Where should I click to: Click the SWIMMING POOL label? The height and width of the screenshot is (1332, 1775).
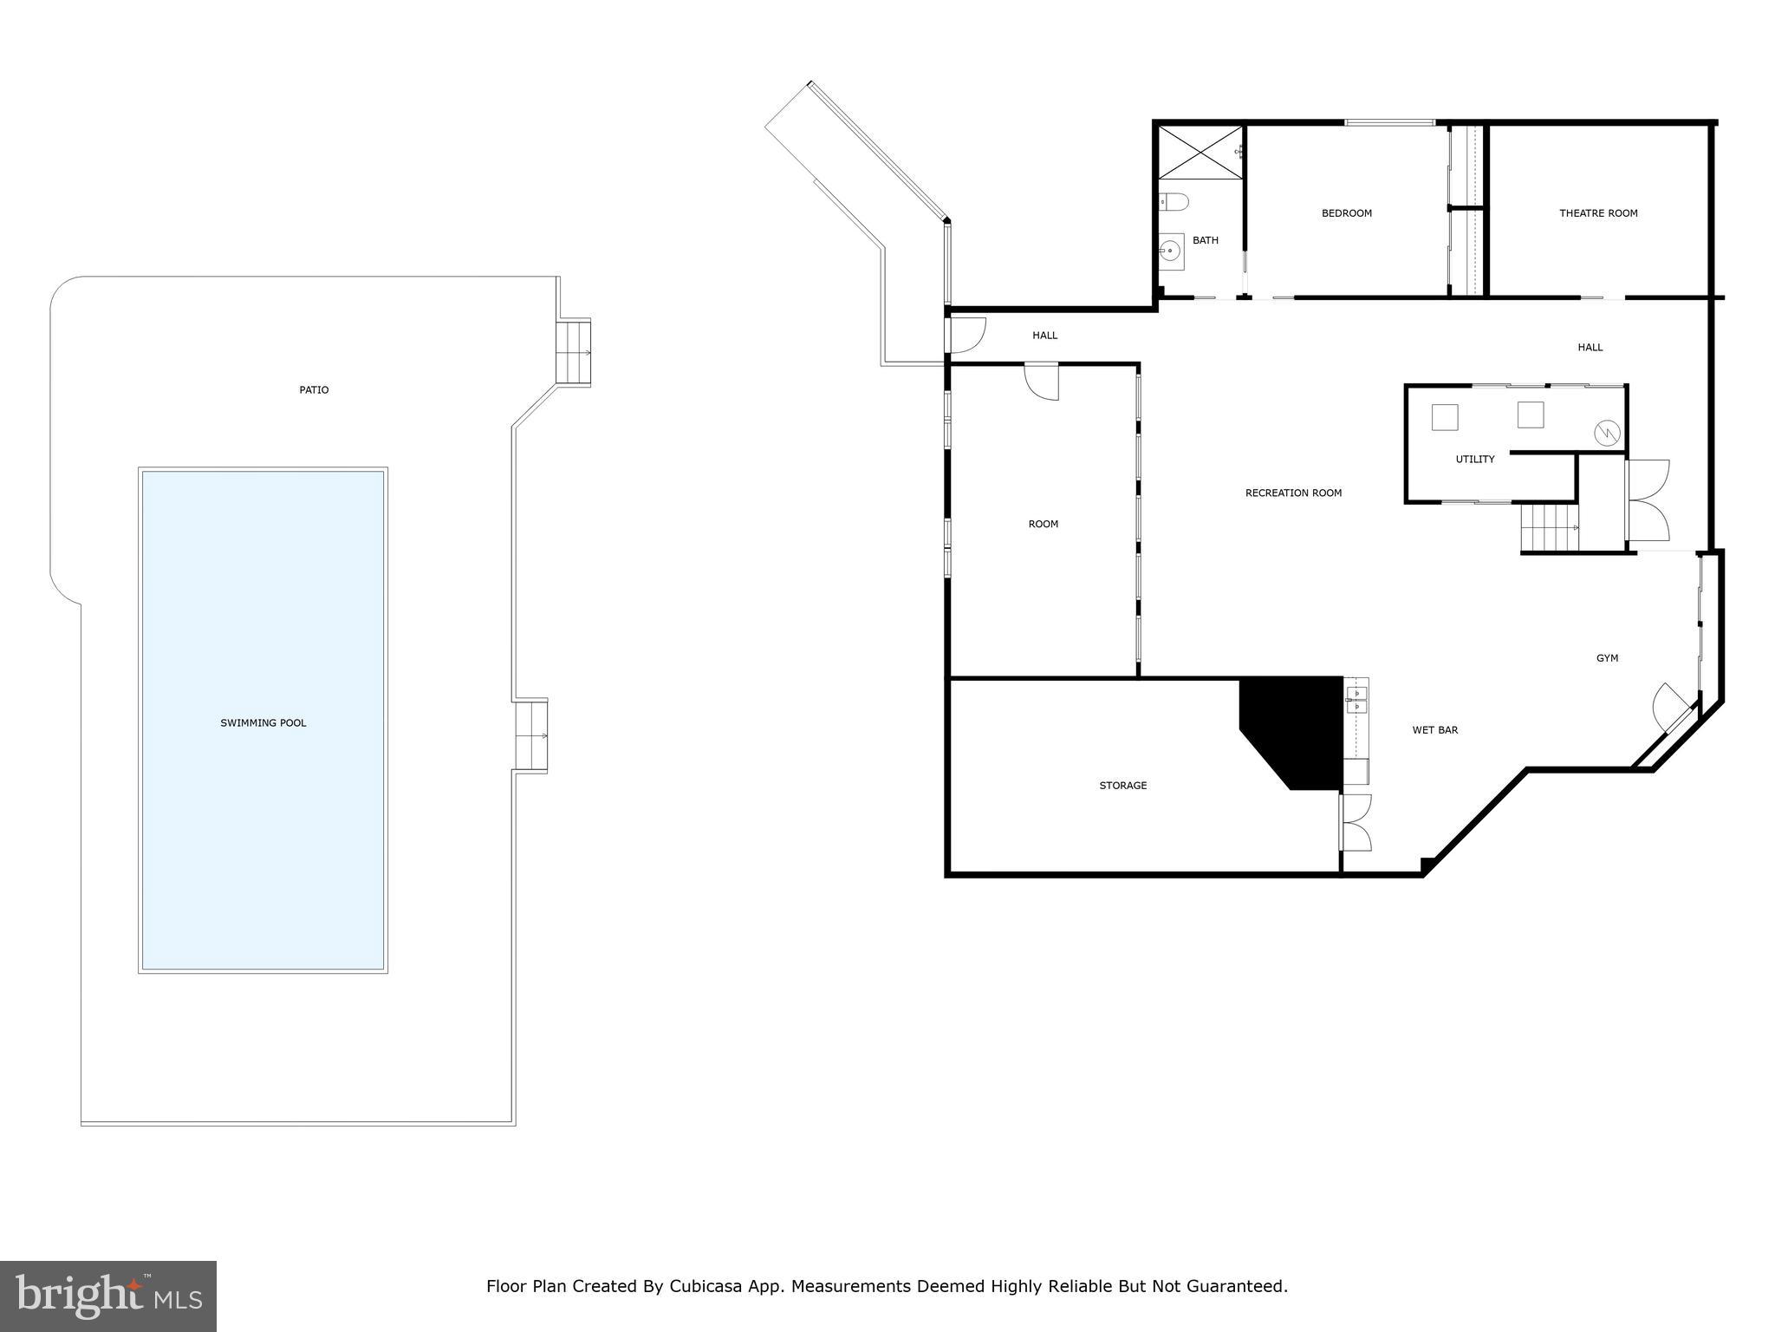[x=263, y=722]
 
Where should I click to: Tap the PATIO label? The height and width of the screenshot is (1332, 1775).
[x=314, y=390]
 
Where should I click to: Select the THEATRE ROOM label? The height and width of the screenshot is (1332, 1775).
[x=1598, y=213]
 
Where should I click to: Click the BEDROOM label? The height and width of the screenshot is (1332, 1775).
[x=1346, y=213]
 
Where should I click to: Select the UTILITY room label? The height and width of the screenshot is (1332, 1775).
[x=1474, y=460]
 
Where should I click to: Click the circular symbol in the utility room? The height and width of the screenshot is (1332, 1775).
[x=1608, y=431]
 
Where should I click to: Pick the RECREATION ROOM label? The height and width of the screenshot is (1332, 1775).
[x=1293, y=493]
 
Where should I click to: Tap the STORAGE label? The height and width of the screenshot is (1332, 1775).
[x=1122, y=786]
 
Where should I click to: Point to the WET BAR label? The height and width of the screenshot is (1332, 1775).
[x=1434, y=730]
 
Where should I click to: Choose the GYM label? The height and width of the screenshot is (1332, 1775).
[x=1607, y=658]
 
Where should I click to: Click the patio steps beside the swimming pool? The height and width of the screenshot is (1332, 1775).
[x=530, y=735]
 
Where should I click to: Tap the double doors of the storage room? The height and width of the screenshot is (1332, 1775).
[x=1355, y=821]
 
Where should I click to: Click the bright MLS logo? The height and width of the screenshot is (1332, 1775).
[x=108, y=1296]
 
